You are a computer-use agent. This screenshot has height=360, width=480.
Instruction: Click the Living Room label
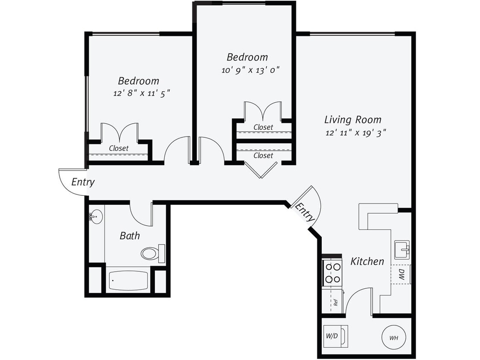[x=352, y=119]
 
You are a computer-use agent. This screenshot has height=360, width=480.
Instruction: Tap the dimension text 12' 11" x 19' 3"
[x=355, y=133]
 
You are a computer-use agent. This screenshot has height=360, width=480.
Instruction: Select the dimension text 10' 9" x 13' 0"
[x=250, y=70]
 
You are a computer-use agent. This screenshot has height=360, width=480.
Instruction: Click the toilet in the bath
[x=152, y=253]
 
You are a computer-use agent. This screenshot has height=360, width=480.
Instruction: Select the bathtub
[x=128, y=281]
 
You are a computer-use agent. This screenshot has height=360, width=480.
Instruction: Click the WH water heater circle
[x=393, y=338]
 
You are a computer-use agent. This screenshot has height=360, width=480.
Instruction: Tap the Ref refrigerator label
[x=336, y=302]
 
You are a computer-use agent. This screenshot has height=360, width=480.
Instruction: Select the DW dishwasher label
[x=401, y=274]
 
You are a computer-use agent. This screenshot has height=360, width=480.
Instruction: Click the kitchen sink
[x=401, y=250]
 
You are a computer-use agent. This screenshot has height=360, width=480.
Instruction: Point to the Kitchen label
[x=367, y=261]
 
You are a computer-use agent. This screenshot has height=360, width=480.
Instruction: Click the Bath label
[x=129, y=235]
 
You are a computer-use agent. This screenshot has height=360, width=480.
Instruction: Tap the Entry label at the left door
[x=83, y=182]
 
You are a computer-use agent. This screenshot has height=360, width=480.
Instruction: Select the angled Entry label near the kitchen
[x=305, y=212]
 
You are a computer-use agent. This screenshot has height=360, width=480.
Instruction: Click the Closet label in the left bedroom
[x=118, y=148]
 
